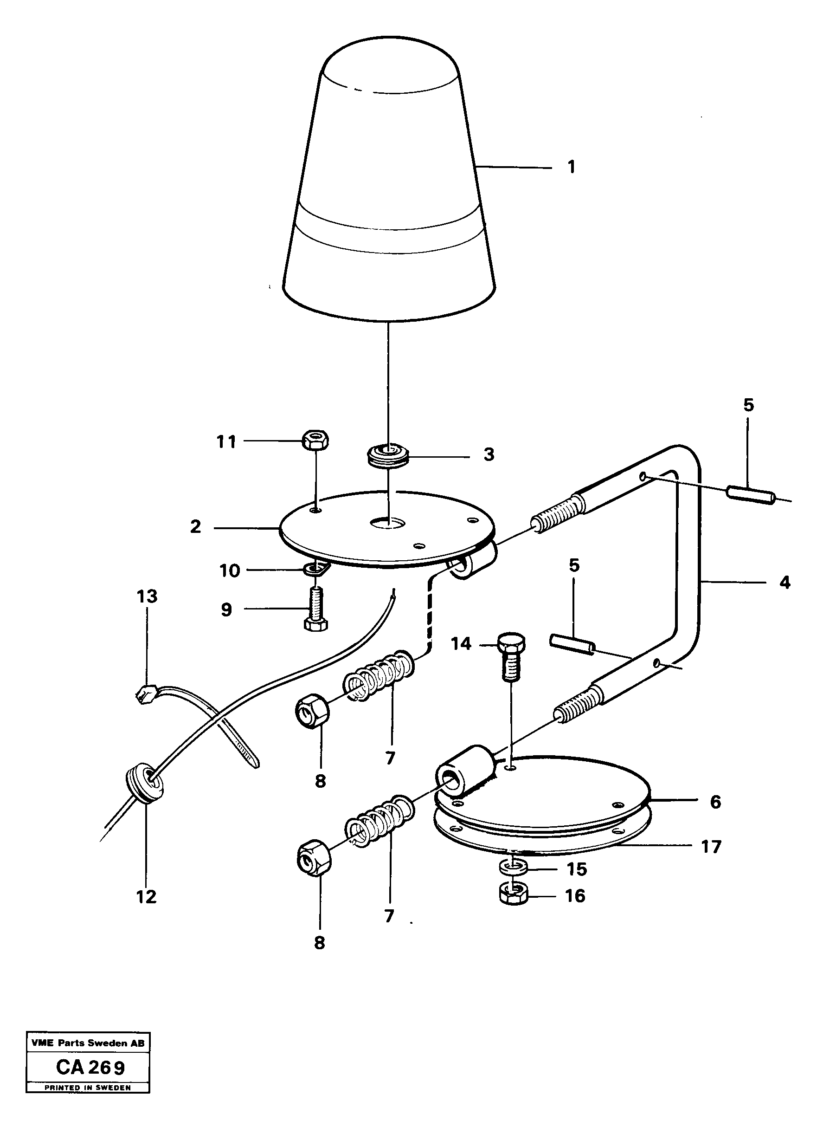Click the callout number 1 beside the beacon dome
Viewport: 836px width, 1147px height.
click(x=571, y=167)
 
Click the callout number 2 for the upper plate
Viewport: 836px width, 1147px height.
click(x=196, y=527)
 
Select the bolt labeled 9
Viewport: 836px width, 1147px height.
click(x=315, y=611)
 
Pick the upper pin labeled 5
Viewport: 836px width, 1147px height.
click(x=751, y=494)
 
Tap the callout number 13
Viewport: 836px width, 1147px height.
click(x=147, y=596)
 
